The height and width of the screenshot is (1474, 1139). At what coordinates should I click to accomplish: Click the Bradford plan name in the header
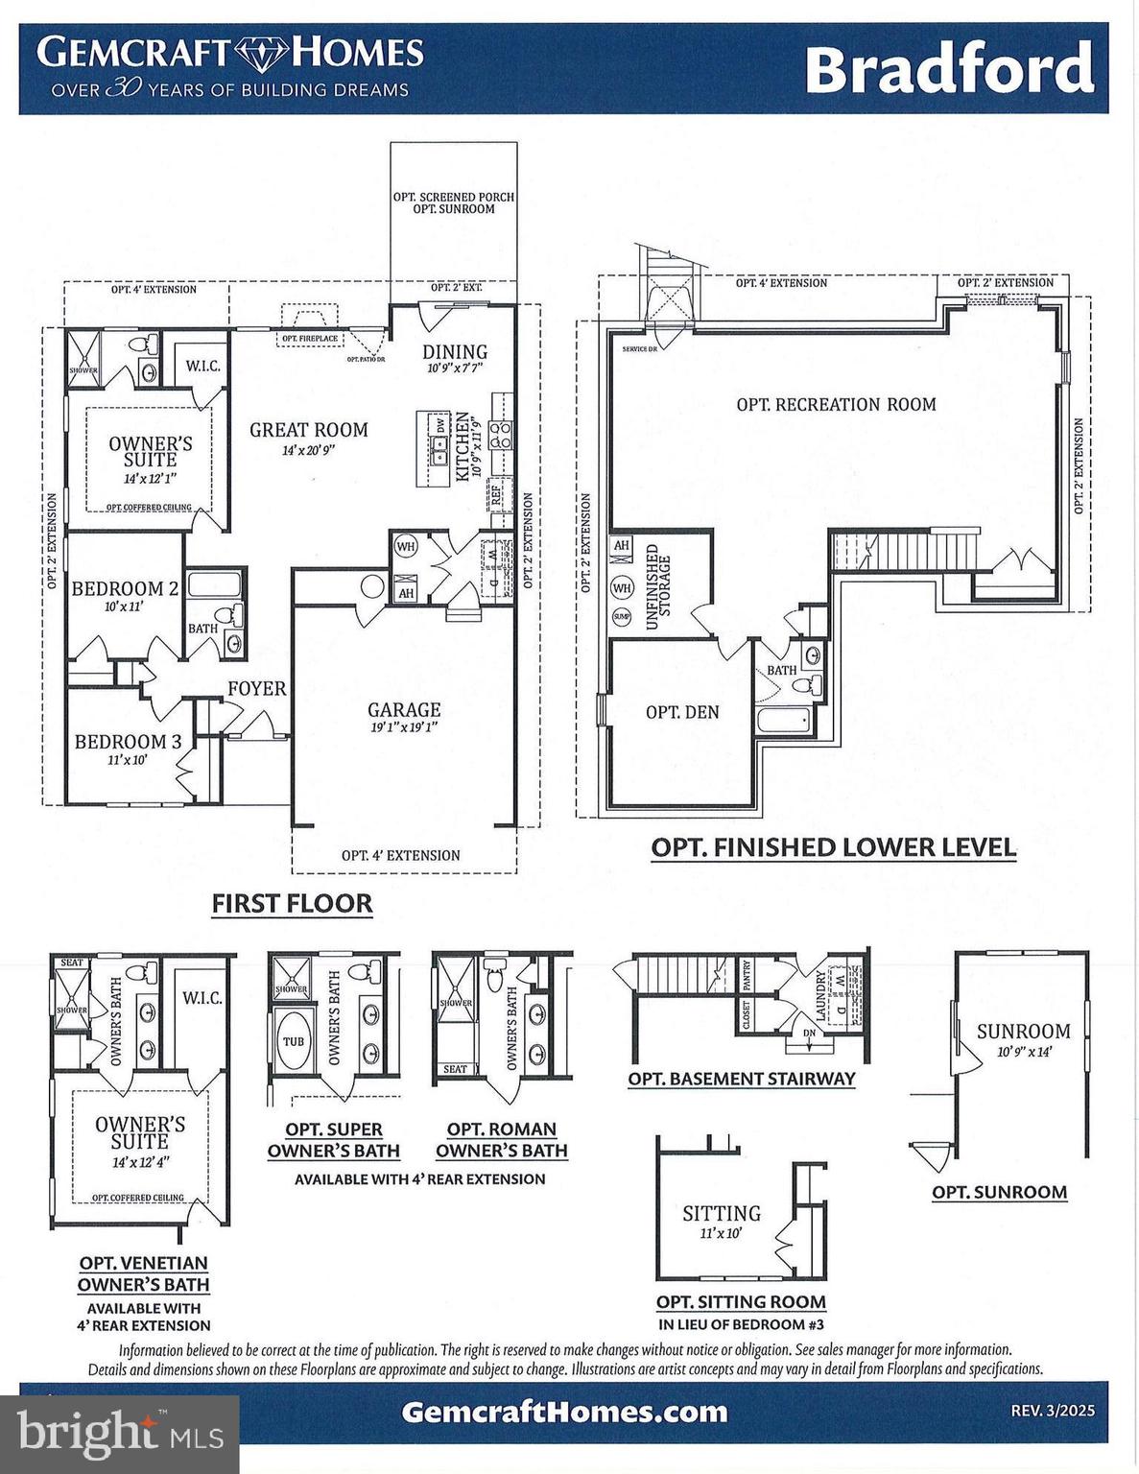click(x=948, y=69)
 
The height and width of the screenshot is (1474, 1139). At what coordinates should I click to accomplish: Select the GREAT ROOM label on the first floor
click(x=308, y=430)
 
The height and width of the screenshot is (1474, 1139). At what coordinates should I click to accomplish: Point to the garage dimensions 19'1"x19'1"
click(x=403, y=727)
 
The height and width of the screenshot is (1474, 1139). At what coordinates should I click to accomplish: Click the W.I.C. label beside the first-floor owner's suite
click(x=202, y=366)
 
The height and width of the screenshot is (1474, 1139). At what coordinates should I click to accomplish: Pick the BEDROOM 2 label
click(x=125, y=588)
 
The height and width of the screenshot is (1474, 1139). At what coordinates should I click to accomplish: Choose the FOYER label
click(x=256, y=688)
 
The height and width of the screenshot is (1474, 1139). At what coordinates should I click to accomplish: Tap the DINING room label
click(x=455, y=352)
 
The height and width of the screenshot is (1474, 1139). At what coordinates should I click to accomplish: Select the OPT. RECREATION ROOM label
click(x=836, y=404)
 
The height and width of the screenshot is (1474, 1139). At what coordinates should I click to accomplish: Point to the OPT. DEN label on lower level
click(x=682, y=712)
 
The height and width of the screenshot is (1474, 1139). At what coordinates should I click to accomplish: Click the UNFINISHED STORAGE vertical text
click(x=658, y=586)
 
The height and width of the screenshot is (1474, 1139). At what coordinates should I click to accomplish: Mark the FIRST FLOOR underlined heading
click(x=292, y=903)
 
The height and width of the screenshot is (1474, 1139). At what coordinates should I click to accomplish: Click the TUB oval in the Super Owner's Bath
click(x=294, y=1041)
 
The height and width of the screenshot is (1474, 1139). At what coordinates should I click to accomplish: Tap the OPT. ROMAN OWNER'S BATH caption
click(x=501, y=1140)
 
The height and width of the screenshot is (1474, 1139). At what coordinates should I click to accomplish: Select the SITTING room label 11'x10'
click(x=722, y=1214)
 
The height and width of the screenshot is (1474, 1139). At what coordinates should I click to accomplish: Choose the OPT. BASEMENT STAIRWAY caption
click(x=741, y=1079)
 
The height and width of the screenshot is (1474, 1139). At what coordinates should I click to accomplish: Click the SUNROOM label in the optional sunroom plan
click(x=1023, y=1032)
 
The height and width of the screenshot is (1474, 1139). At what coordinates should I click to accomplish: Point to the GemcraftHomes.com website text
click(x=564, y=1412)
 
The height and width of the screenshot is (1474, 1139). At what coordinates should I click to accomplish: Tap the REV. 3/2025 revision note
click(x=1052, y=1412)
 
